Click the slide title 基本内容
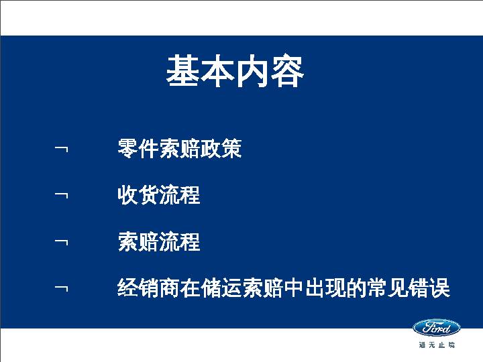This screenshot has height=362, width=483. tap(235, 72)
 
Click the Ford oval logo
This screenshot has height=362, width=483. tap(436, 328)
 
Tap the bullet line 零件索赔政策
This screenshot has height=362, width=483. tap(179, 149)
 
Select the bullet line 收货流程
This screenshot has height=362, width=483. tap(158, 195)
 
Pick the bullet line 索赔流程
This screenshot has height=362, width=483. tap(158, 241)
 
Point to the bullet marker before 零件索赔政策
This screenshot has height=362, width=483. tap(62, 148)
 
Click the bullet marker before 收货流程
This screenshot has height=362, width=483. tap(62, 194)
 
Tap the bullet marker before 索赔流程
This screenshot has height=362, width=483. tap(62, 241)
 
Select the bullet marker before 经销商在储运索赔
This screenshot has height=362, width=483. tap(62, 288)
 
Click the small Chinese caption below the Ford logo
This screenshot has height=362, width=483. tap(437, 345)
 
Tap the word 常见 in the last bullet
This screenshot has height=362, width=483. tap(388, 288)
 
